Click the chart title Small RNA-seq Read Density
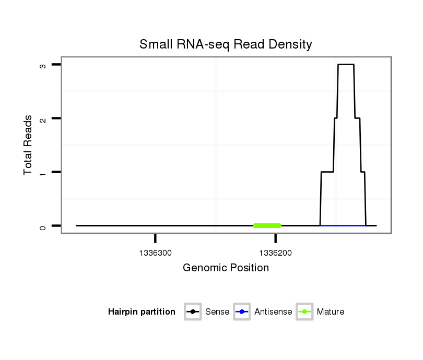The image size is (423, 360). [226, 44]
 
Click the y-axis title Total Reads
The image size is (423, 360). [29, 145]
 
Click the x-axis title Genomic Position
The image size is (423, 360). [226, 268]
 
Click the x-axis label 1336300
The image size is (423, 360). [156, 254]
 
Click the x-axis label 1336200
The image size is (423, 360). [275, 254]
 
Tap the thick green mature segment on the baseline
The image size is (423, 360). [267, 225]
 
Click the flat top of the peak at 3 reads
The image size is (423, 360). [346, 64]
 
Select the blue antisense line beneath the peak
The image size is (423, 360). [343, 225]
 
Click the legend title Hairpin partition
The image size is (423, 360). [142, 312]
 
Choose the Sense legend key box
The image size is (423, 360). [193, 312]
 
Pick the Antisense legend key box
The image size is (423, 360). [242, 312]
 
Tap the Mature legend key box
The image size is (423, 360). [304, 312]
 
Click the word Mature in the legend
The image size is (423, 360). [331, 312]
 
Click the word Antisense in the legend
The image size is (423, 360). [273, 312]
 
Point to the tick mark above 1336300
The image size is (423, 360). [156, 238]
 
